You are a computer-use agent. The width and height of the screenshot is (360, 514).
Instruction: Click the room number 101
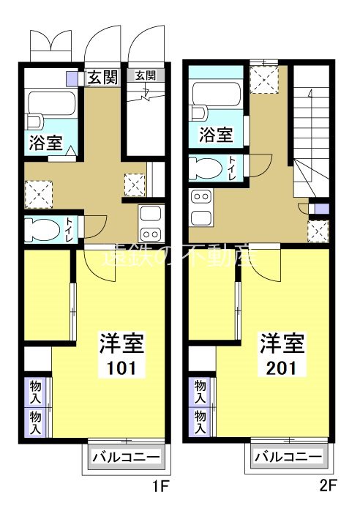click(x=121, y=368)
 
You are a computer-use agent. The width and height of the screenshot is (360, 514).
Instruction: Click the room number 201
click(x=282, y=368)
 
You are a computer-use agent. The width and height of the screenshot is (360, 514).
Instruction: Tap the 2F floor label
click(x=326, y=485)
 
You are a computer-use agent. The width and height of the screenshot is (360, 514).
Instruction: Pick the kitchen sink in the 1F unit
click(x=151, y=215)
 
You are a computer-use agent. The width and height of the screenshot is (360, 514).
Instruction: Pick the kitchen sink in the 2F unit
click(x=200, y=217)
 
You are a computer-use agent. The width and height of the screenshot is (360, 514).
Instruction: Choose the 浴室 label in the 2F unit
click(x=216, y=135)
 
